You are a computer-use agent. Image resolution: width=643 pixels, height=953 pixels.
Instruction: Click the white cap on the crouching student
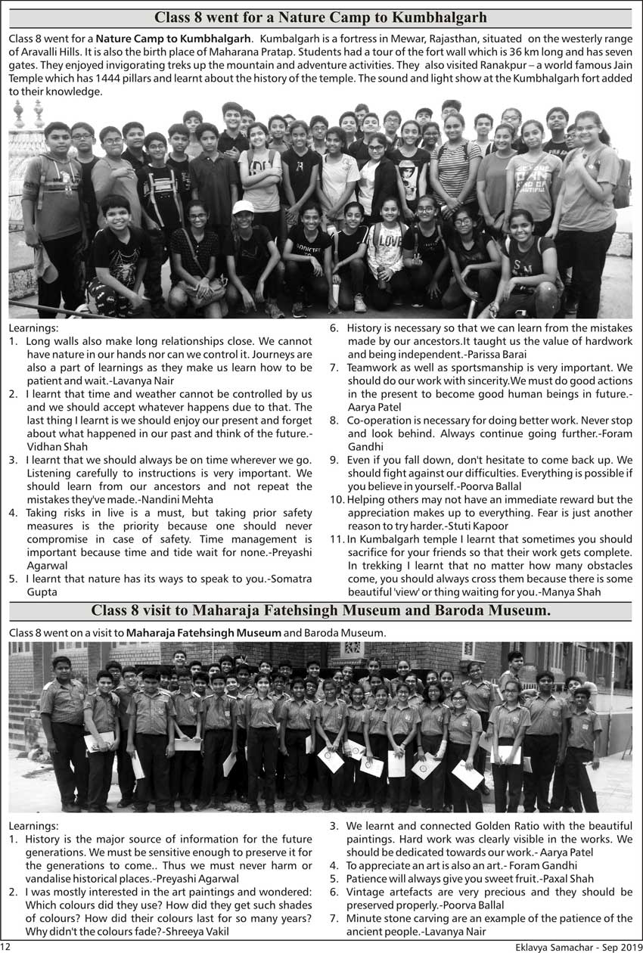pyautogui.click(x=243, y=207)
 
